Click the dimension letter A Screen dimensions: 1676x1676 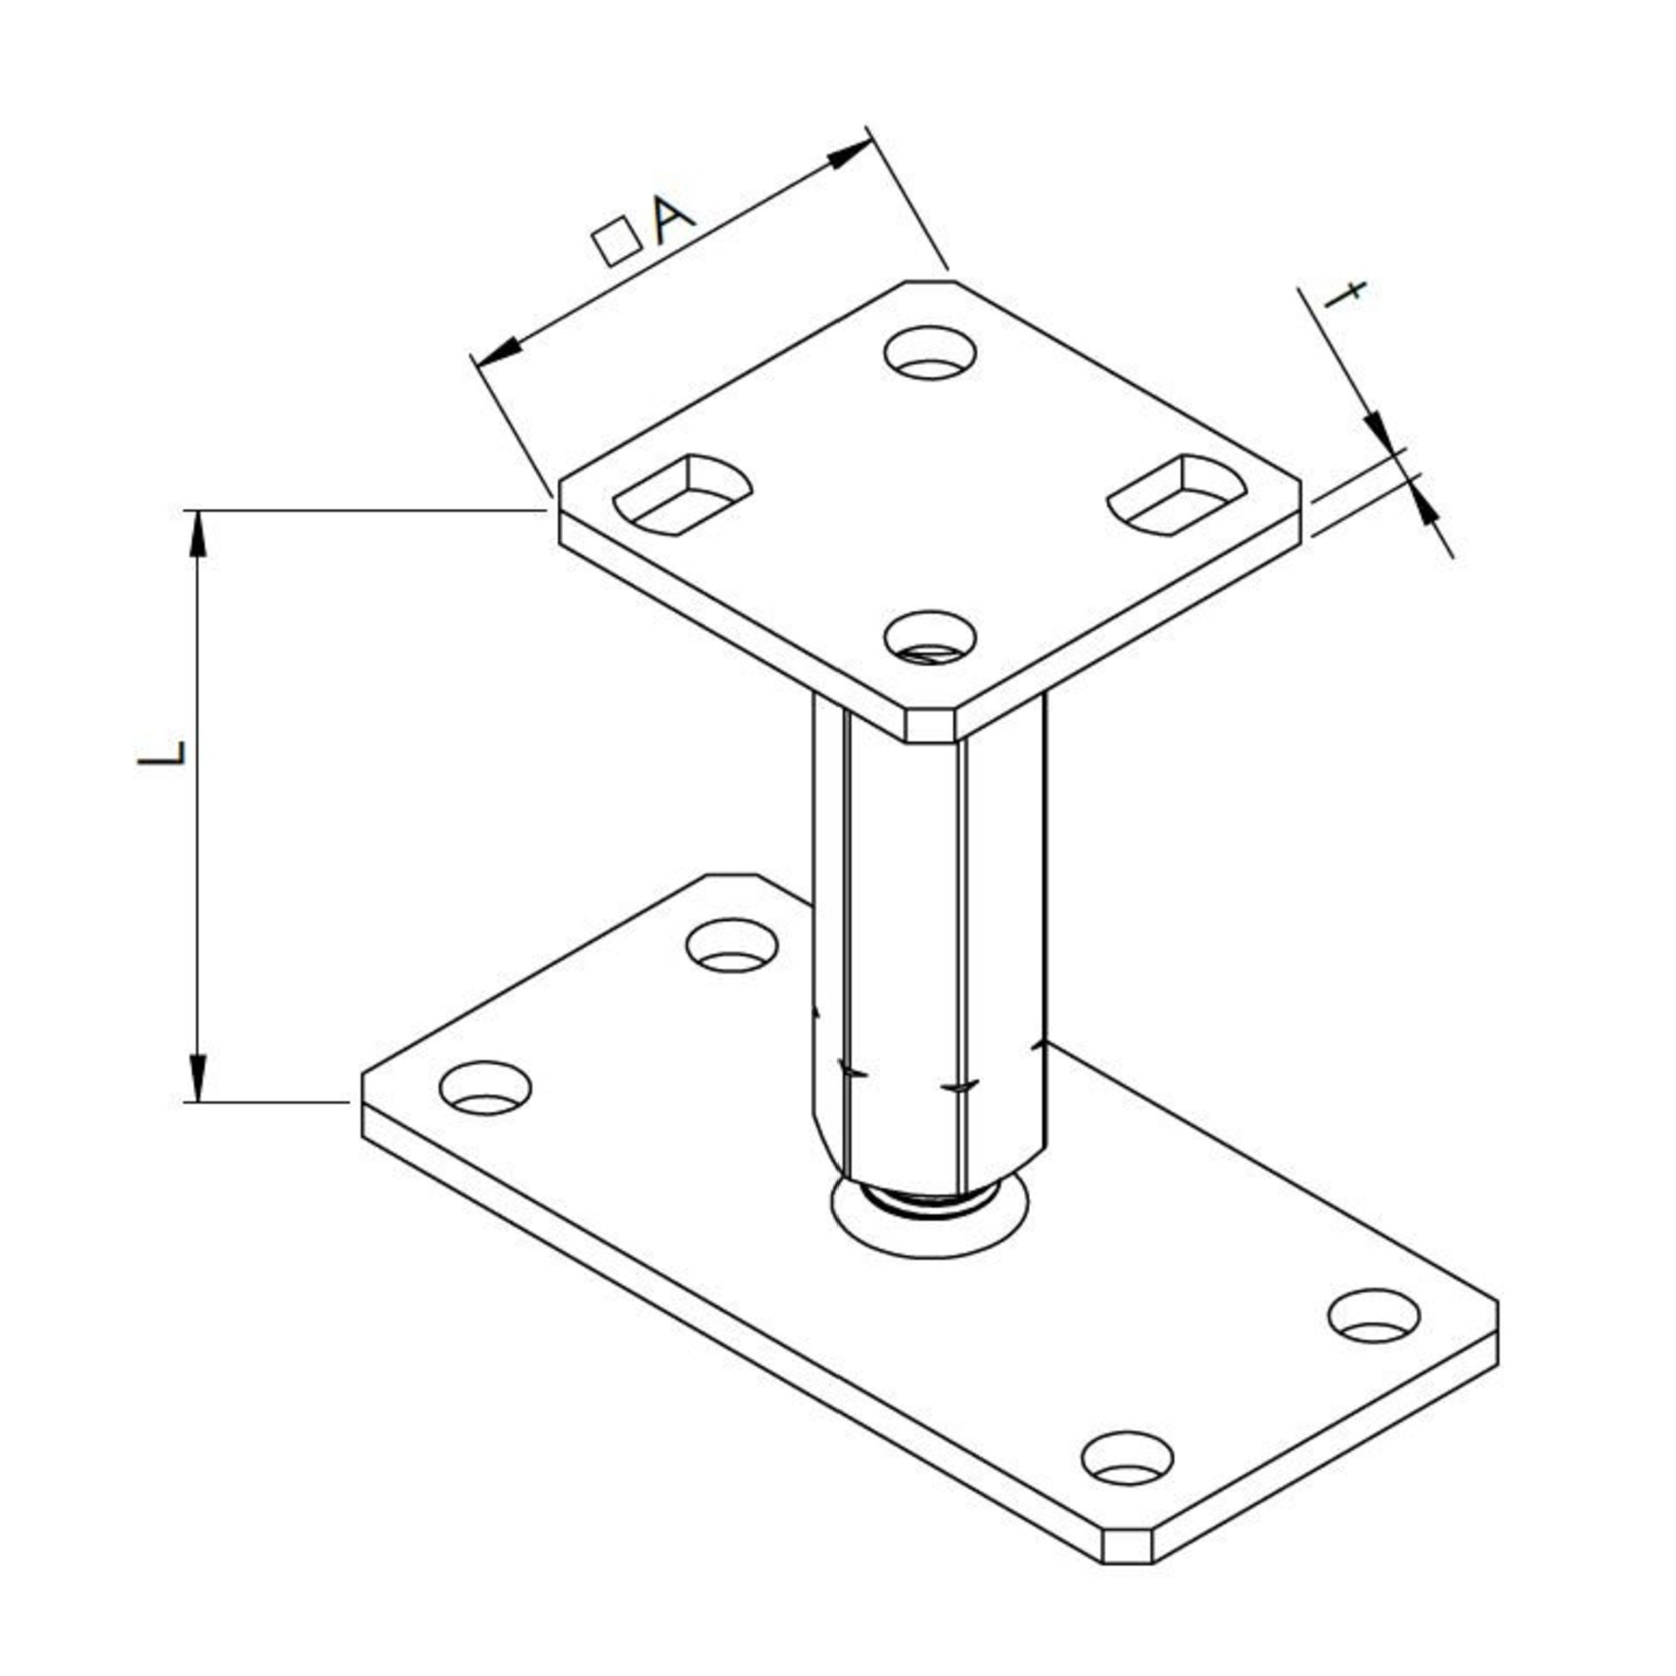coord(673,223)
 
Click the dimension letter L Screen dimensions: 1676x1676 coord(162,752)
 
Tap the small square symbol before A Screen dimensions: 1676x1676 coord(615,241)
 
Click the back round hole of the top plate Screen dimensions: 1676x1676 coord(930,353)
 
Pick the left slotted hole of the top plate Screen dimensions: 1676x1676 coord(683,493)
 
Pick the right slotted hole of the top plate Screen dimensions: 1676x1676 coord(1177,493)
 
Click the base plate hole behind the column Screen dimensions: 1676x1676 coord(732,945)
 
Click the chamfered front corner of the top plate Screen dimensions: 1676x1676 coord(930,725)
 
